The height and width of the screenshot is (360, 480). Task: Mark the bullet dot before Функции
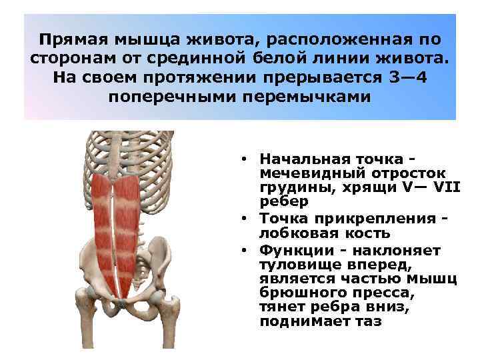(x=245, y=250)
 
